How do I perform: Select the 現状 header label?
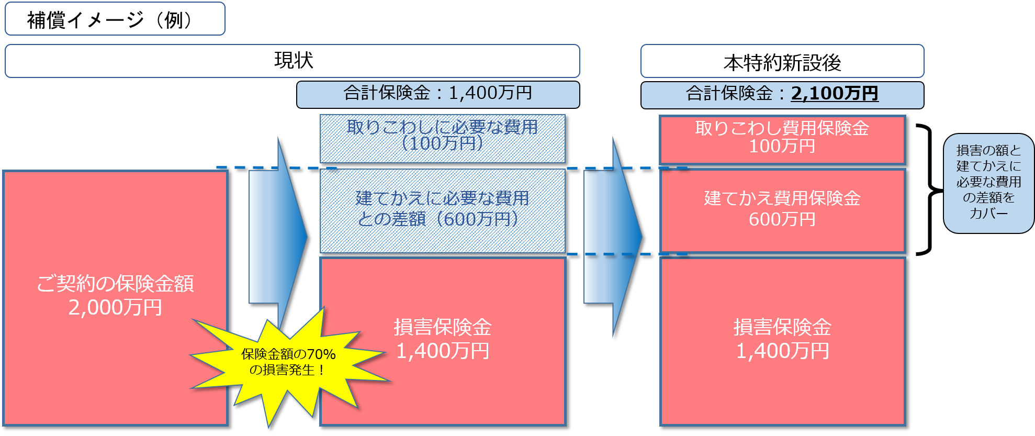[x=293, y=61]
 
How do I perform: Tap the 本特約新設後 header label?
[x=782, y=62]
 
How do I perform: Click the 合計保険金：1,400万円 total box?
[x=437, y=94]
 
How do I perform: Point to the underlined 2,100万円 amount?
[x=834, y=94]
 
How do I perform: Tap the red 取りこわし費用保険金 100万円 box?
[x=782, y=139]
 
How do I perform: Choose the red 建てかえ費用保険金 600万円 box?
[x=782, y=209]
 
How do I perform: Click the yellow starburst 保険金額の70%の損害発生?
[x=288, y=362]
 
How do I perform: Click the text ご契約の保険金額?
[x=115, y=284]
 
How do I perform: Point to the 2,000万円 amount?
[x=115, y=308]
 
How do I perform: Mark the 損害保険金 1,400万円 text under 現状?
[x=443, y=339]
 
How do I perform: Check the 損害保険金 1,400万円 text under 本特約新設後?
[x=782, y=339]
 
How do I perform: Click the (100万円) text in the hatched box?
[x=442, y=144]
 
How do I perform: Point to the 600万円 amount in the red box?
[x=782, y=219]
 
